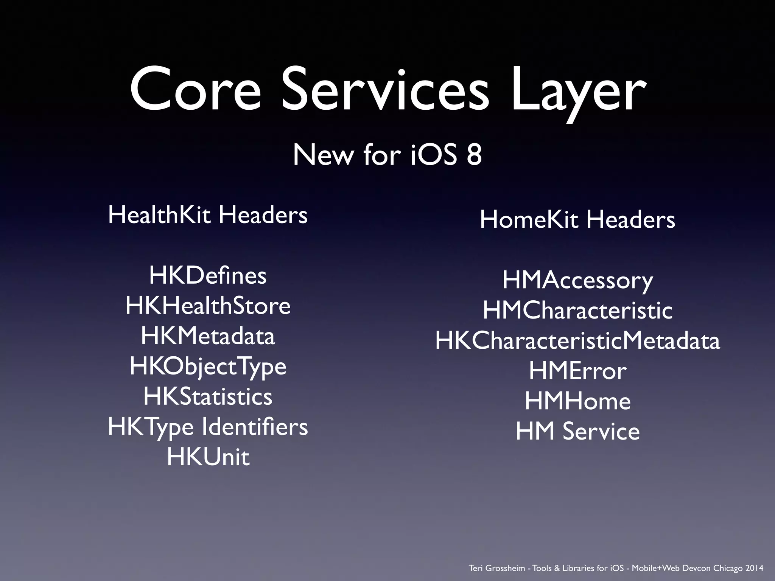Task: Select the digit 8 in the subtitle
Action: point(474,155)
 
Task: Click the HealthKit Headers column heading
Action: point(208,215)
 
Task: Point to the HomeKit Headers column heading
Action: point(577,219)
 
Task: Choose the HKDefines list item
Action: point(208,275)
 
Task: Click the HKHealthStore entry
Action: point(208,306)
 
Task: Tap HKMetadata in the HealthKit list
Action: point(208,336)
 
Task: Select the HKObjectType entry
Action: point(208,367)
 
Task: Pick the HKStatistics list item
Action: point(208,396)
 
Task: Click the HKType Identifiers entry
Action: point(208,427)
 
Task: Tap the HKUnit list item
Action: point(208,457)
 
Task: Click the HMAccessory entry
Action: point(577,281)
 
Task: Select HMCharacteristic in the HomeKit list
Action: point(577,311)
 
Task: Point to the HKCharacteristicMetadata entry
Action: point(577,341)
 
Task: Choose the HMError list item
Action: point(577,371)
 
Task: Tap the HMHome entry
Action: point(577,401)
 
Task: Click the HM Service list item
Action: point(577,432)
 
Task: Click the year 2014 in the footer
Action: point(754,568)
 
